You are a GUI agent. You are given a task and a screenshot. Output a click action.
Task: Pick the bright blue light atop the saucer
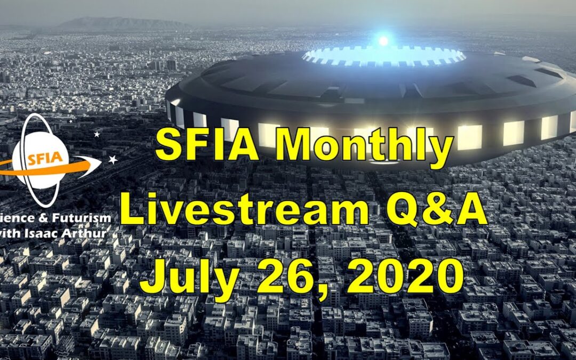click(x=383, y=41)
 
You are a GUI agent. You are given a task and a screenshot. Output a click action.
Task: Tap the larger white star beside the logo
click(x=113, y=159)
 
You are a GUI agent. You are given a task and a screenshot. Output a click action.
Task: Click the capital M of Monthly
click(x=299, y=148)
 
